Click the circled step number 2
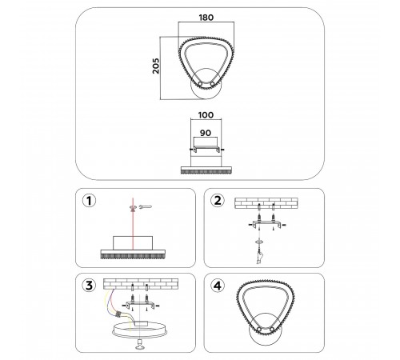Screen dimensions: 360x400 coord(218,202)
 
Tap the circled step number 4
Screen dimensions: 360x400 coord(218,284)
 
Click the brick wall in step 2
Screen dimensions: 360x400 coord(267,204)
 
